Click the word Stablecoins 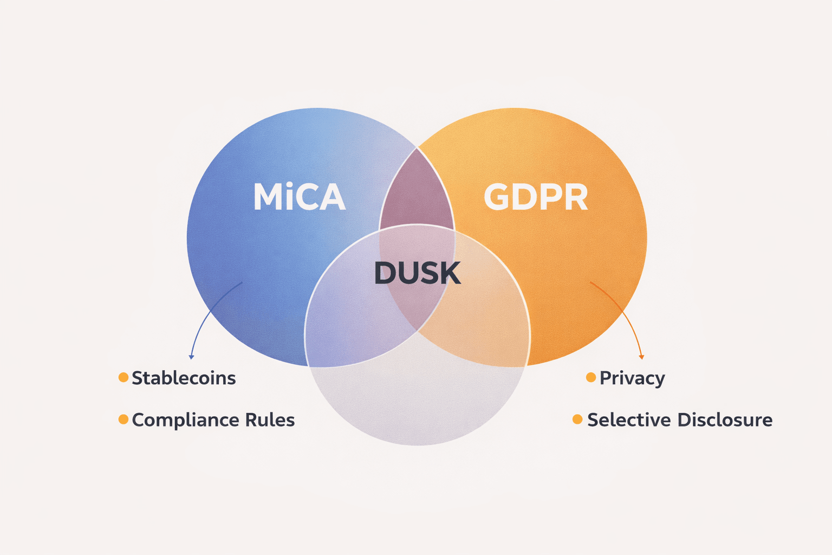[x=184, y=378]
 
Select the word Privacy [x=632, y=378]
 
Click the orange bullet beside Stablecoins [x=123, y=377]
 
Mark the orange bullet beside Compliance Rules [x=123, y=419]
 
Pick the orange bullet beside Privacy [x=591, y=377]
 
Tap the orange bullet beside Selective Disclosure [x=577, y=419]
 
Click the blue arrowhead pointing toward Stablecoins [x=191, y=357]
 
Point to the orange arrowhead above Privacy [x=642, y=357]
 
